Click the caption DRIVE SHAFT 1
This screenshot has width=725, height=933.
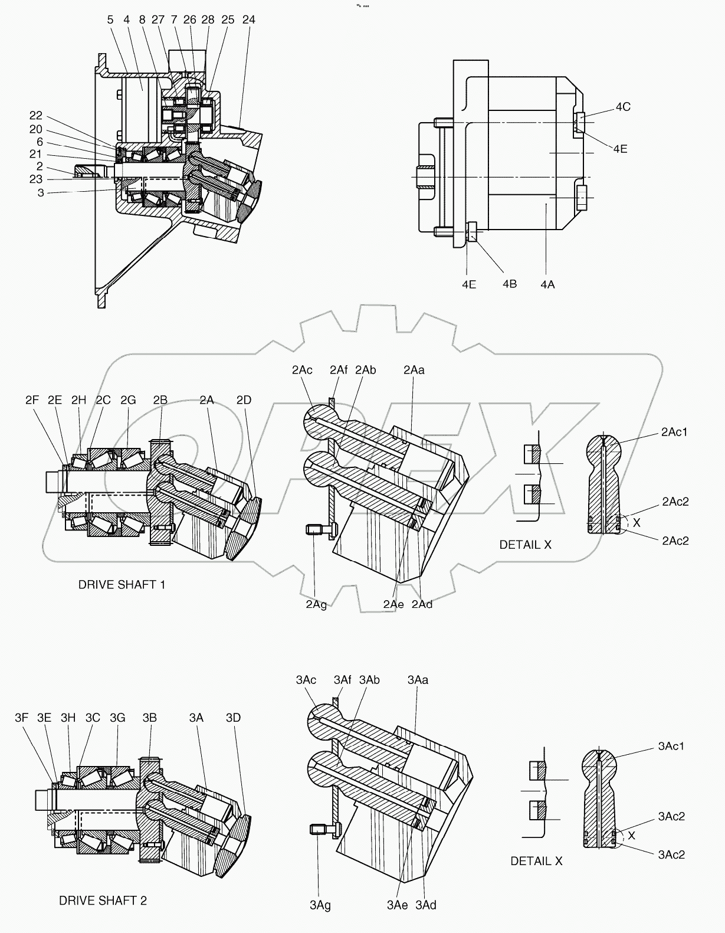tap(122, 585)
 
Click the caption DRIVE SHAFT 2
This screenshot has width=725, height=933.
tap(103, 901)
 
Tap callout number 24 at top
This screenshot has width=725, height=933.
tap(248, 19)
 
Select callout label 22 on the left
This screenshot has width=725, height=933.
tap(36, 116)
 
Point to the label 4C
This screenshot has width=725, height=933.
tap(623, 107)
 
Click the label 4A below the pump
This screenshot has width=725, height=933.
tap(547, 284)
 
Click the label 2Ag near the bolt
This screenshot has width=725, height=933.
tap(316, 605)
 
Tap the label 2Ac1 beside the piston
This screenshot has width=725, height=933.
tap(674, 432)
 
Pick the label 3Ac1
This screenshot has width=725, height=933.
tap(671, 747)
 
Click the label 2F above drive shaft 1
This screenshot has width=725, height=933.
tap(32, 400)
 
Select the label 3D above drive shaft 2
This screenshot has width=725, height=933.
tap(233, 718)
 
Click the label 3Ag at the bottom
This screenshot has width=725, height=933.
tap(320, 905)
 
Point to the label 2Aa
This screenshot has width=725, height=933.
tap(414, 370)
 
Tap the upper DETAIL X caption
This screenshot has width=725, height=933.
tap(525, 545)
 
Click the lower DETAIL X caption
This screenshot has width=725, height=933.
tap(536, 861)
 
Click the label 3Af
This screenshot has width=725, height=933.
tap(342, 680)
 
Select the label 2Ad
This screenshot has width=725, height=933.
tap(422, 604)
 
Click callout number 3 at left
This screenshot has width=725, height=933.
tap(41, 193)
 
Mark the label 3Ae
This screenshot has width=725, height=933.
tap(397, 905)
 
